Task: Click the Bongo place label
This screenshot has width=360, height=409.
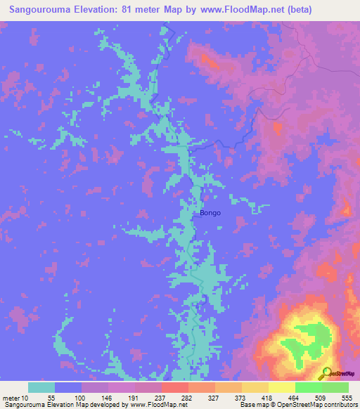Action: tap(210, 212)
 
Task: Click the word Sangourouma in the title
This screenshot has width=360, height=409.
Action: tap(38, 10)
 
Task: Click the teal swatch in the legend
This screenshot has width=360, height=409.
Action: tap(41, 387)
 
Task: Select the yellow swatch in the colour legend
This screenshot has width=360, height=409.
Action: tap(282, 387)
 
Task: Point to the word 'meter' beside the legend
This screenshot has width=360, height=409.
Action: tap(11, 397)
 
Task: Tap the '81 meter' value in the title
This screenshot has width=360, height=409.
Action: tap(131, 10)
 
